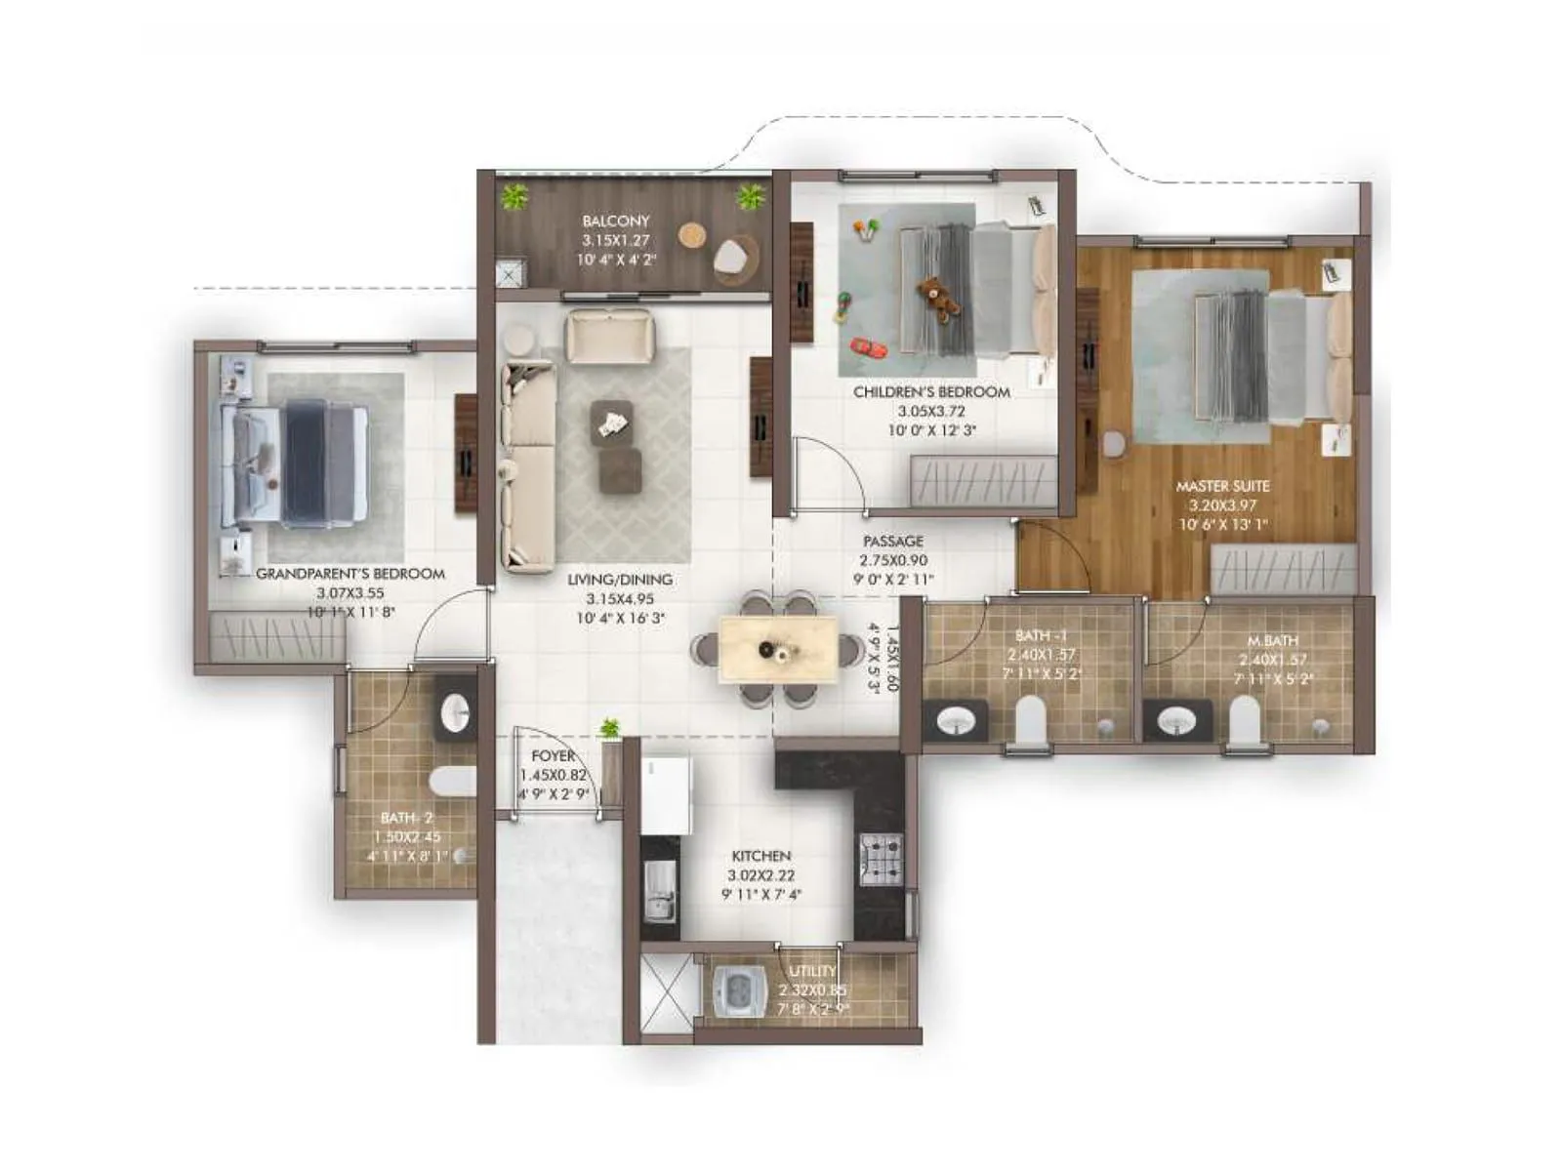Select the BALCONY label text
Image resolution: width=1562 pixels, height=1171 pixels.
click(x=615, y=222)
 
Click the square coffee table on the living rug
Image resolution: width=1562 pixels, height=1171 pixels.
click(x=611, y=423)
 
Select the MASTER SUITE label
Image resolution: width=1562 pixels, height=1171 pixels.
click(x=1222, y=486)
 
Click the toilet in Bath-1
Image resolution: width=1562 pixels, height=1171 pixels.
click(x=1030, y=720)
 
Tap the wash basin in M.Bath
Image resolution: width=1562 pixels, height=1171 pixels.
click(x=1176, y=721)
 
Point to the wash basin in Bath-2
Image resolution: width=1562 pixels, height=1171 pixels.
click(x=456, y=713)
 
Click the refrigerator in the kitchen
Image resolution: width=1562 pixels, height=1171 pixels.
click(x=666, y=793)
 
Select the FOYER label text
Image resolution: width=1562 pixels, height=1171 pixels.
click(x=553, y=756)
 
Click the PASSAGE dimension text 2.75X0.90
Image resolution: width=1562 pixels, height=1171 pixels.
click(x=893, y=560)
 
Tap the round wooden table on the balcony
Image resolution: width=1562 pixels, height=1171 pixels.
click(x=692, y=235)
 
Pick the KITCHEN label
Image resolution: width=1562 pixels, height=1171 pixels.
click(x=761, y=856)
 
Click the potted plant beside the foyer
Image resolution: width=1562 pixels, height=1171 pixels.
click(x=610, y=728)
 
